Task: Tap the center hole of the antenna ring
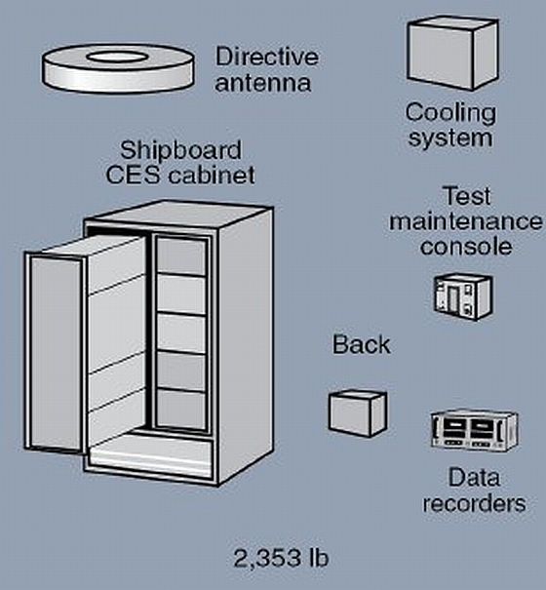coord(117,58)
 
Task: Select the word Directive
coord(267,57)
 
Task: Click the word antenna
coord(263,83)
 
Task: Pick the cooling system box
coord(453,54)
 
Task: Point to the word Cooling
coord(450,114)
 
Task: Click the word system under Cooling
coord(450,138)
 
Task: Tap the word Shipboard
coord(180,151)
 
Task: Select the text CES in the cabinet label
coord(133,176)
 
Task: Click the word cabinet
coord(212,175)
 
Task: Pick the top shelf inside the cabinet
coord(181,256)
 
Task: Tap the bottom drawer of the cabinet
coord(150,454)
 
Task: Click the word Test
coord(468,196)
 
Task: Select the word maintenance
coord(466,221)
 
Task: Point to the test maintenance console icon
coord(463,297)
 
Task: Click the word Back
coord(362,344)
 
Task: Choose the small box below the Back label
coord(358,413)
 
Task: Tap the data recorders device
coord(474,430)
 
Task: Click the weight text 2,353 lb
coord(281,558)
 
